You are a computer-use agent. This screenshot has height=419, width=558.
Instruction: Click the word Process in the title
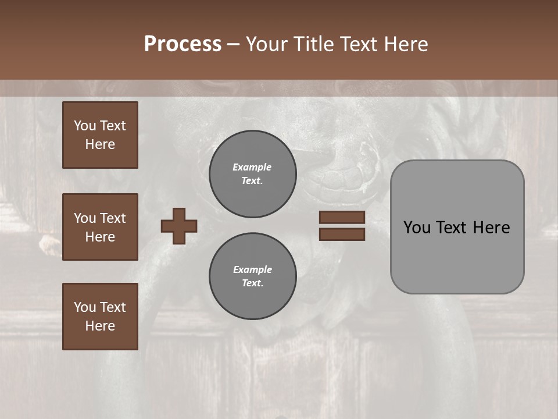point(183,44)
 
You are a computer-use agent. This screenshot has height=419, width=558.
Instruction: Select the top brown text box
point(100,135)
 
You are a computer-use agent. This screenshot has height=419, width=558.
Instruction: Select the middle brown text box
point(100,227)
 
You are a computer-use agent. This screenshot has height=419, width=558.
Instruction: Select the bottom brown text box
point(100,317)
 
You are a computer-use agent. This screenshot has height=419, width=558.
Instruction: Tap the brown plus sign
point(179,226)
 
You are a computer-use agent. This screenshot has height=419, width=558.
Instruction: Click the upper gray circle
point(252,174)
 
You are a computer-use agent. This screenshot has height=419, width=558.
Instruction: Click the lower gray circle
point(252,276)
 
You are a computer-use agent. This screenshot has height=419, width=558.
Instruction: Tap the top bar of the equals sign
point(342,218)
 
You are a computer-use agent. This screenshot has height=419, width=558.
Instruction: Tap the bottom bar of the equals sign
point(342,234)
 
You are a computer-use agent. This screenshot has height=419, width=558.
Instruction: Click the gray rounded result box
point(457,256)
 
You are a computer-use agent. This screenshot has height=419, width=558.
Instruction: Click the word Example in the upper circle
point(252,167)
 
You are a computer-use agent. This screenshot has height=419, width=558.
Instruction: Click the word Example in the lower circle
point(252,269)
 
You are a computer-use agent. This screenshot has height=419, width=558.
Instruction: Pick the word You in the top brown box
point(84,126)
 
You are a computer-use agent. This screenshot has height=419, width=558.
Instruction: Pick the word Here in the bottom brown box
point(100,326)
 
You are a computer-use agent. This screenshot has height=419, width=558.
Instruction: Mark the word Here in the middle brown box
point(100,237)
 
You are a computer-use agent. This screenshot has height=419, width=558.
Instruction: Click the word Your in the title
point(265,44)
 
